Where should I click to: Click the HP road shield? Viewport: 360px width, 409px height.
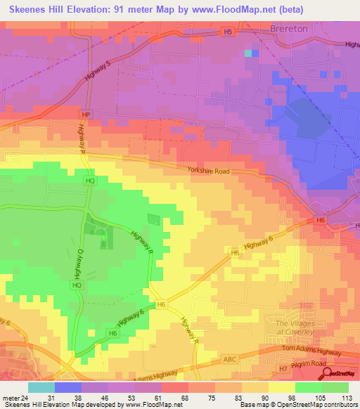point(86,115)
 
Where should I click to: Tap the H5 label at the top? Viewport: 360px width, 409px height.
point(227,32)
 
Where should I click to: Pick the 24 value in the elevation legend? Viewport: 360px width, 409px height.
point(25,397)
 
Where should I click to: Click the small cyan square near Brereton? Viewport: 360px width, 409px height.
point(247,53)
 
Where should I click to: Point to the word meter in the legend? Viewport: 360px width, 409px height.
point(11,397)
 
